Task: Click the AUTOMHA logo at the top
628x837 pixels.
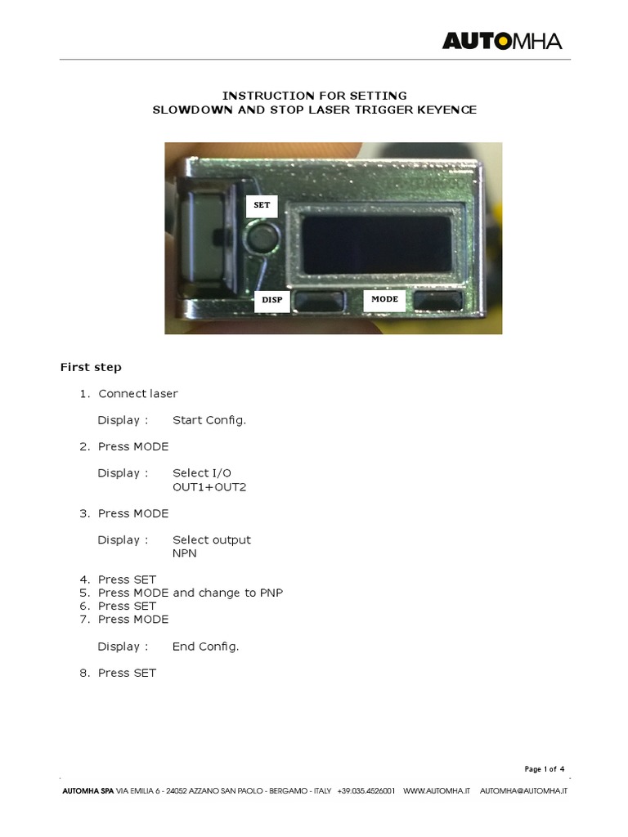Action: (502, 41)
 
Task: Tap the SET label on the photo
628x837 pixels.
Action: (262, 205)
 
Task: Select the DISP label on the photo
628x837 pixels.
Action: (271, 300)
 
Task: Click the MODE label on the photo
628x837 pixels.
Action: (384, 299)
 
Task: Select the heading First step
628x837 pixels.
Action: (91, 367)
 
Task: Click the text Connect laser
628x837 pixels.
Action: (138, 393)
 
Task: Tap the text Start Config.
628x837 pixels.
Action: (209, 420)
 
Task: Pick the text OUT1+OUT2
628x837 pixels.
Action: (209, 486)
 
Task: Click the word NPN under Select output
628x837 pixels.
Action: (185, 553)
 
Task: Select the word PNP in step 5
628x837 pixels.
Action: (271, 593)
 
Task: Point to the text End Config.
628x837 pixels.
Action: (206, 646)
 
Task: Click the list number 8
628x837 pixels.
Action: (83, 673)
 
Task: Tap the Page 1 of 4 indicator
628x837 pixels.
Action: (544, 768)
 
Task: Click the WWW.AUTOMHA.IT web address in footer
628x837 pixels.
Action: (437, 791)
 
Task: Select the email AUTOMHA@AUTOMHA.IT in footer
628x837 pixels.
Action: (523, 791)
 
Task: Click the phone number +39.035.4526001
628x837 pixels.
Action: (366, 791)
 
